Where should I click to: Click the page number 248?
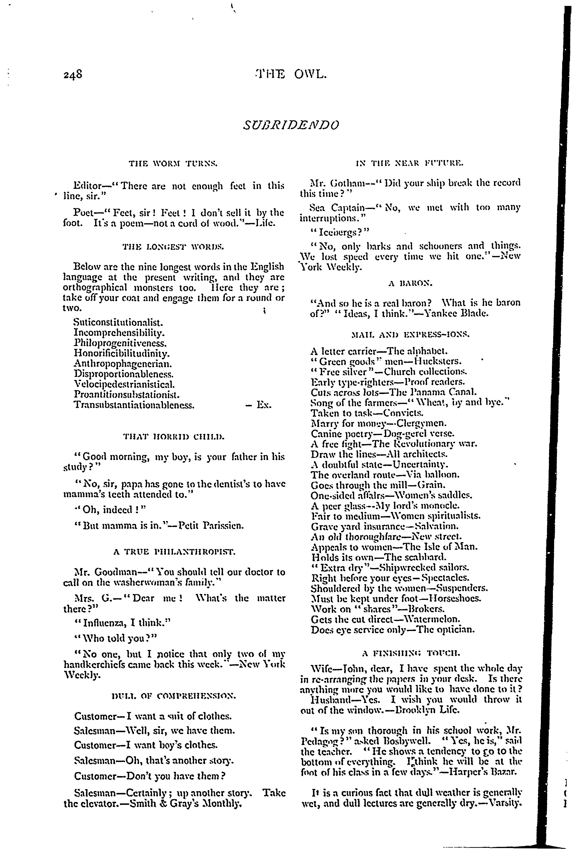tap(73, 75)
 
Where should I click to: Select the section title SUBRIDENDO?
tap(291, 125)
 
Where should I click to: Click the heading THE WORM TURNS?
tap(174, 164)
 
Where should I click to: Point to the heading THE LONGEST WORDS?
tap(174, 247)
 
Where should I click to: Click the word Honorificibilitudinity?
tap(122, 354)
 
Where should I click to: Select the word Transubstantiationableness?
tap(134, 405)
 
